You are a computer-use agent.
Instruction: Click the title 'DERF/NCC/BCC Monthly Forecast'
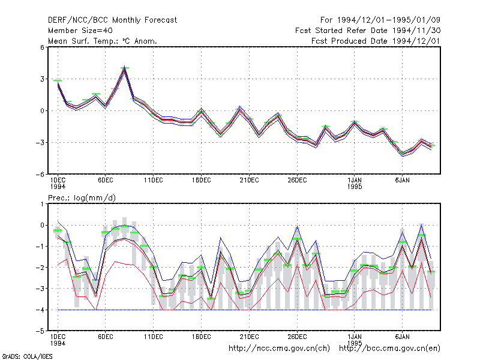pyautogui.click(x=112, y=20)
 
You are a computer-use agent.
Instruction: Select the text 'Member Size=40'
pyautogui.click(x=80, y=31)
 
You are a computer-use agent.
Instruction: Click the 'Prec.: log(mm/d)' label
pyautogui.click(x=82, y=198)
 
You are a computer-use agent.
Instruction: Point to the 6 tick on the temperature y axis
pyautogui.click(x=42, y=47)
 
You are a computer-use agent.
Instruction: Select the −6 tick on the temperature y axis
pyautogui.click(x=40, y=174)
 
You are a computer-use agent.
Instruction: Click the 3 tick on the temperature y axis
pyautogui.click(x=42, y=79)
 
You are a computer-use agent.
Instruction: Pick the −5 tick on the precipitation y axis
pyautogui.click(x=40, y=331)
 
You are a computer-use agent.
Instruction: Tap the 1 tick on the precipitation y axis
pyautogui.click(x=42, y=204)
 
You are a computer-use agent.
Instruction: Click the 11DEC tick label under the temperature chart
pyautogui.click(x=154, y=181)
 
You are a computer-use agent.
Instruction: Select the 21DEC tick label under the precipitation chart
pyautogui.click(x=249, y=337)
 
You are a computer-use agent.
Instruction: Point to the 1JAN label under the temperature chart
pyautogui.click(x=355, y=181)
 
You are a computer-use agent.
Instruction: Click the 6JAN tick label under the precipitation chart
pyautogui.click(x=402, y=337)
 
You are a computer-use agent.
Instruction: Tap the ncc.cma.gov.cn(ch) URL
pyautogui.click(x=279, y=349)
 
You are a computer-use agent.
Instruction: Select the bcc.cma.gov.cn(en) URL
pyautogui.click(x=389, y=349)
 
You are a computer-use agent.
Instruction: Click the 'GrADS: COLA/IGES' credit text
pyautogui.click(x=28, y=356)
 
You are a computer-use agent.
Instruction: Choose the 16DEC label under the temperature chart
pyautogui.click(x=202, y=181)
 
